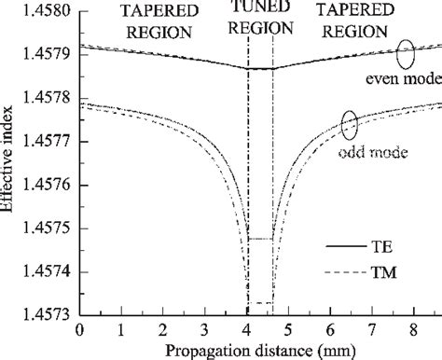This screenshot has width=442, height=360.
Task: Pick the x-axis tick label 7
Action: click(x=371, y=331)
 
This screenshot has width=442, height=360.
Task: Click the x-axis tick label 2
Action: click(x=163, y=331)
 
